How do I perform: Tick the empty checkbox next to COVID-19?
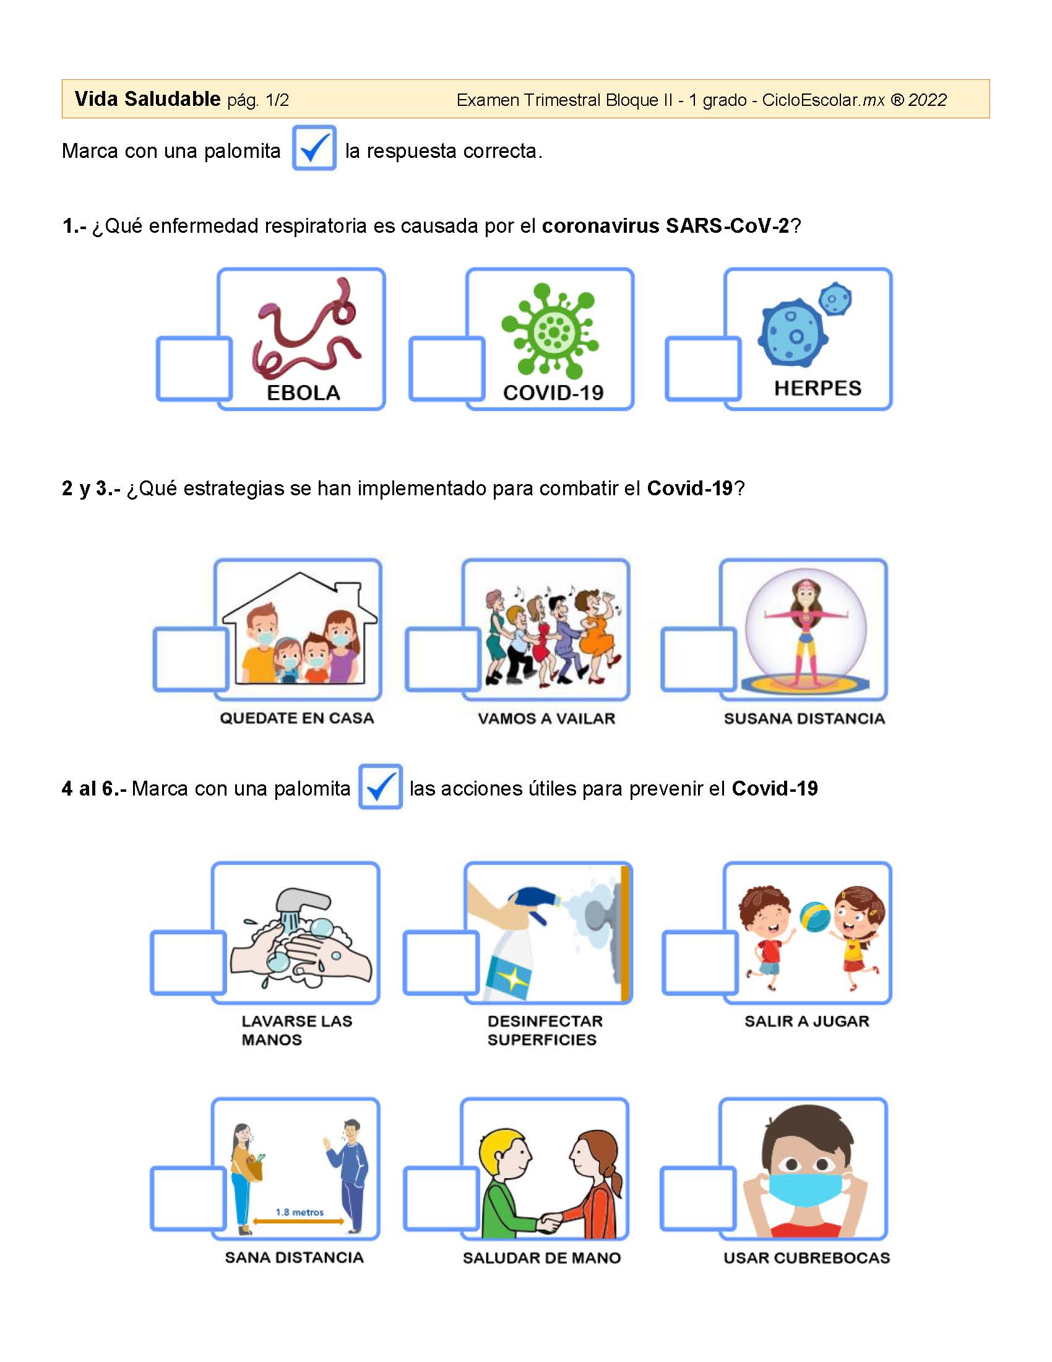point(447,368)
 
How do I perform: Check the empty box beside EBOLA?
point(194,368)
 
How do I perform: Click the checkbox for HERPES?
point(703,368)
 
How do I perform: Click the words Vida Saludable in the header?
point(147,98)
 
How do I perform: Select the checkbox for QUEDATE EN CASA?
point(191,659)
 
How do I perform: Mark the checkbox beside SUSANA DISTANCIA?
point(699,659)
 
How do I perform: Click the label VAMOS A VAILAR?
point(546,718)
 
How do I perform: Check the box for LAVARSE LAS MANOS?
point(188,962)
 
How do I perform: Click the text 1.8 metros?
point(300,1212)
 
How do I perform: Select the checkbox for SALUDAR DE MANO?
point(441,1198)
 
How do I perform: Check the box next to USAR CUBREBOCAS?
point(698,1198)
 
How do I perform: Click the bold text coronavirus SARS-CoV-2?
point(666,226)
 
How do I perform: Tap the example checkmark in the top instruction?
point(314,148)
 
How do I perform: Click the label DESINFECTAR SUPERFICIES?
point(545,1030)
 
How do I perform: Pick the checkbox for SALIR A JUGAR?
point(700,962)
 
